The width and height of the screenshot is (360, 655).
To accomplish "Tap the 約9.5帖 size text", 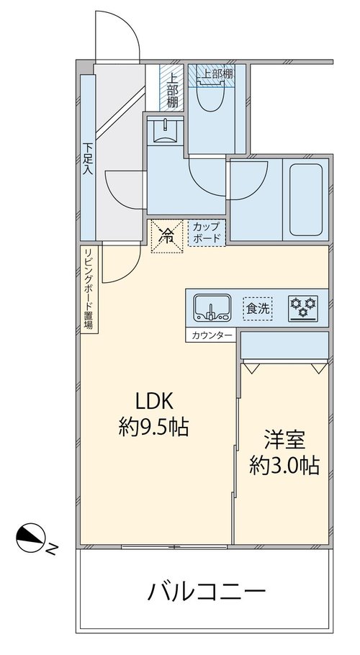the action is coord(153,428).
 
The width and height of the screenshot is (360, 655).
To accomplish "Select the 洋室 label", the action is coord(284,440).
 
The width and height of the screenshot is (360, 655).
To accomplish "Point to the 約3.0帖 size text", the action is coord(284,465).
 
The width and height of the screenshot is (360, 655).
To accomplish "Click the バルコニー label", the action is coord(207,592).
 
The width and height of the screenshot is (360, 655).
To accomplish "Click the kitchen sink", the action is coord(212,309).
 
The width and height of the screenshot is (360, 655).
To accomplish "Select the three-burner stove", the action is coord(303,308).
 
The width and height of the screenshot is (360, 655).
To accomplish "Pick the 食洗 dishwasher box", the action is coord(258,309).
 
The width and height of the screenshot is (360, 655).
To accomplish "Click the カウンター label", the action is coord(211,335).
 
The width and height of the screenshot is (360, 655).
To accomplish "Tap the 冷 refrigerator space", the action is coord(167,236).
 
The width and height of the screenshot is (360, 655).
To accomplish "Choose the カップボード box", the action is coord(207,233).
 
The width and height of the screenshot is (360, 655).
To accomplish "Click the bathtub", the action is coord(306,200).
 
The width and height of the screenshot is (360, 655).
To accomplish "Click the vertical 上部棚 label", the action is coord(171,90).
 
